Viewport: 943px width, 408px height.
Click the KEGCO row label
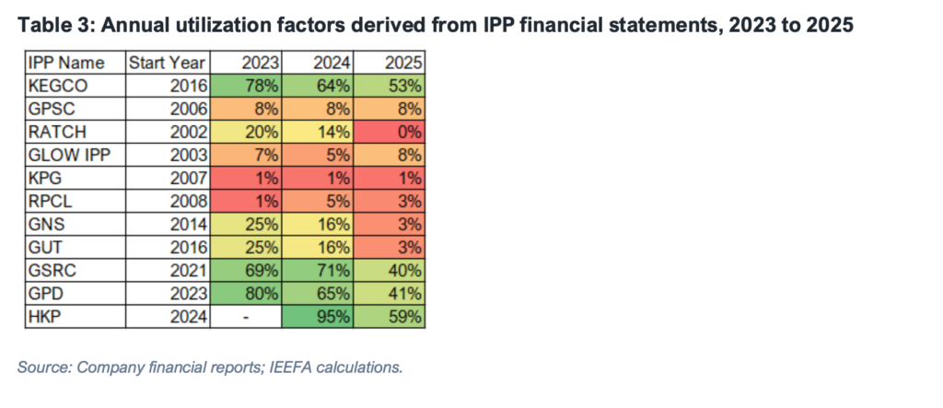(58, 86)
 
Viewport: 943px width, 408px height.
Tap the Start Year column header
(168, 64)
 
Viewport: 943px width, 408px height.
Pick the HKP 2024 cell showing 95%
(318, 317)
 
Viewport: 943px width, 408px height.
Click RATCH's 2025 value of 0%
(390, 133)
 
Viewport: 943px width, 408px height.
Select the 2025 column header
(404, 64)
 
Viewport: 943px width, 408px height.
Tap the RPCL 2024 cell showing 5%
(318, 202)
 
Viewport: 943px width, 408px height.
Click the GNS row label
(46, 225)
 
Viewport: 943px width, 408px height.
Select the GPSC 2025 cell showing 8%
(390, 110)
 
